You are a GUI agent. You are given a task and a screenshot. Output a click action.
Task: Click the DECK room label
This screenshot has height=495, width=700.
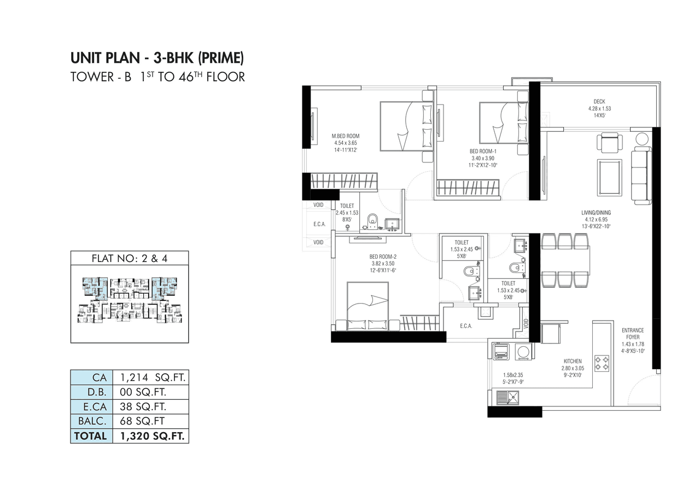pos(599,101)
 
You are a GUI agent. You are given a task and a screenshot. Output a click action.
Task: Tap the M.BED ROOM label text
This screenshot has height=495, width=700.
pos(346,136)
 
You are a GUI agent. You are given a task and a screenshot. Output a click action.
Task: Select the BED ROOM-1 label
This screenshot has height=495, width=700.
pos(482,151)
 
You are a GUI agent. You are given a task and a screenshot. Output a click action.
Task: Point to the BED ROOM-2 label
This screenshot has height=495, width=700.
pos(383,257)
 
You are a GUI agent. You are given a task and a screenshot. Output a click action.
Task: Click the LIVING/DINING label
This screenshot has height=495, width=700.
pos(596,213)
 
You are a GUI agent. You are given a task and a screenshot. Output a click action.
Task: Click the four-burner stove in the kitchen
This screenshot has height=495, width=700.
pos(602,363)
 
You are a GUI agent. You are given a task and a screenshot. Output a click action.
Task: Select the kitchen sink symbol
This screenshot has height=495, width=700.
pos(507,398)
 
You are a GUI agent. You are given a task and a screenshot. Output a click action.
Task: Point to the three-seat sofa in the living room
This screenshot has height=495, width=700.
pos(640,176)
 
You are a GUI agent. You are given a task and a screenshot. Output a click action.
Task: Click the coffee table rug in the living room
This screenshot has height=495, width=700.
pos(609,177)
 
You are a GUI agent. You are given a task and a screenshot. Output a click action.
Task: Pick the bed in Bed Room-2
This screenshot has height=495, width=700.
pos(367,306)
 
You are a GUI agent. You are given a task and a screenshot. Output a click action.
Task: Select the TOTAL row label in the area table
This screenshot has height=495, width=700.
pos(91,436)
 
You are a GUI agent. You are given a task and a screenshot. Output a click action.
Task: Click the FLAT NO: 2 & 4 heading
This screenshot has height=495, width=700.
pos(129,258)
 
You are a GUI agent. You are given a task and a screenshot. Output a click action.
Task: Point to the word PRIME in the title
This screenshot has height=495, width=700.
pos(221,57)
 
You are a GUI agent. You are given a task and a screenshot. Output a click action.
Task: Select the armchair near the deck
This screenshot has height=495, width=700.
pos(609,143)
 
